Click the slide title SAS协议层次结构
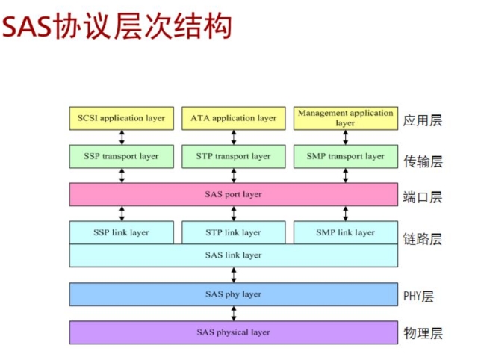pyautogui.click(x=117, y=28)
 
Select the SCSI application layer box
pyautogui.click(x=121, y=118)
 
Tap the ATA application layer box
pyautogui.click(x=233, y=118)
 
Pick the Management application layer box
pyautogui.click(x=345, y=118)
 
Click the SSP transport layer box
pyautogui.click(x=121, y=156)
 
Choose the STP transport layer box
pyautogui.click(x=233, y=156)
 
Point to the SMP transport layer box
pyautogui.click(x=345, y=156)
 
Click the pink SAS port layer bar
pyautogui.click(x=233, y=194)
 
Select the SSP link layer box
pyautogui.click(x=121, y=232)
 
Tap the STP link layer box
pyautogui.click(x=233, y=232)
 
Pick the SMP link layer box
pyautogui.click(x=345, y=232)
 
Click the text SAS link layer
pyautogui.click(x=233, y=255)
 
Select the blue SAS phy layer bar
pyautogui.click(x=233, y=294)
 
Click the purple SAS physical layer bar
pyautogui.click(x=233, y=332)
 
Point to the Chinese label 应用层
pyautogui.click(x=422, y=120)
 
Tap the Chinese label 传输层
pyautogui.click(x=422, y=159)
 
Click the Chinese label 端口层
pyautogui.click(x=422, y=197)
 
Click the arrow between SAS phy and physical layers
pyautogui.click(x=234, y=313)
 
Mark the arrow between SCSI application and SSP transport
pyautogui.click(x=122, y=137)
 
